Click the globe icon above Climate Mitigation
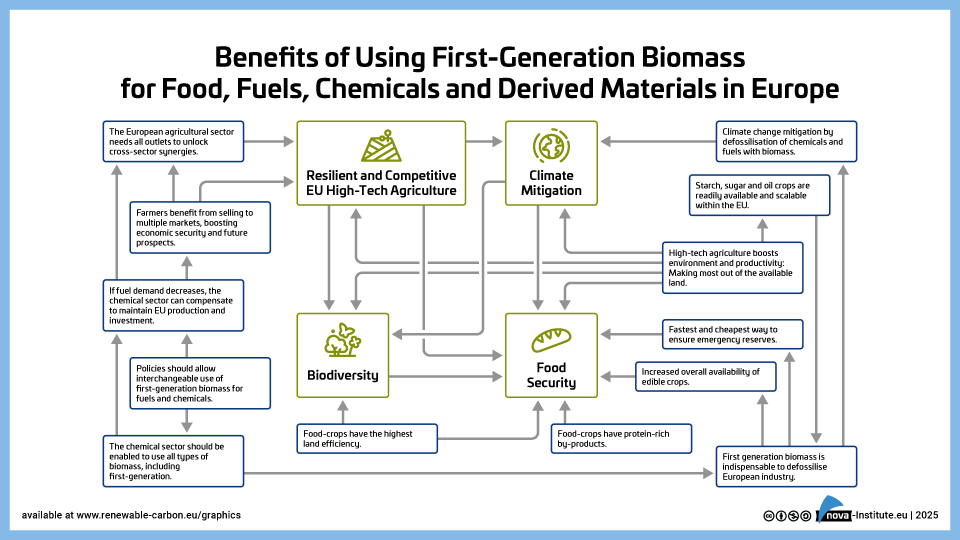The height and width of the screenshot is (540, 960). [551, 146]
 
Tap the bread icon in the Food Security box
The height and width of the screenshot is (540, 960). [551, 337]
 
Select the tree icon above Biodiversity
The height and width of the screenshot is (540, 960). [342, 340]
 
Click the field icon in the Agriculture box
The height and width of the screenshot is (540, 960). [381, 146]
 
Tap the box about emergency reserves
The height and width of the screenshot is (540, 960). [733, 334]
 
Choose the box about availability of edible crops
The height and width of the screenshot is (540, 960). [705, 376]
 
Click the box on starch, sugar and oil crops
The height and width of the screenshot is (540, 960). [760, 195]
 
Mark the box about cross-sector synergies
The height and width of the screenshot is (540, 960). [173, 141]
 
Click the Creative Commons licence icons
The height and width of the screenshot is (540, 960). [784, 515]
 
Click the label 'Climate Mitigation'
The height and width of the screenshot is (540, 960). [551, 182]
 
